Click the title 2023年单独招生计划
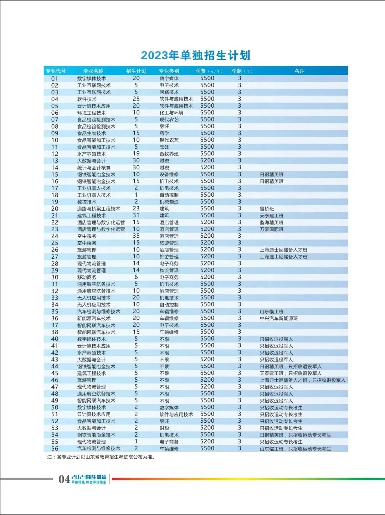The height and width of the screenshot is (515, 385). tap(196, 55)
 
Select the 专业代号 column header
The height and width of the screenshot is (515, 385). tap(56, 71)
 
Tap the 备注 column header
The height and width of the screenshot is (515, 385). tap(299, 71)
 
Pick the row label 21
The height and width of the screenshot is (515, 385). tap(55, 216)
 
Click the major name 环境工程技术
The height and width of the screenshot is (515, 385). tap(92, 113)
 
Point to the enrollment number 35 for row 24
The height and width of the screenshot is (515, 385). tap(136, 236)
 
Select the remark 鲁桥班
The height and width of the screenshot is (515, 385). tap(267, 209)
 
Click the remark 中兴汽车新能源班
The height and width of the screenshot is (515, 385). tap(279, 318)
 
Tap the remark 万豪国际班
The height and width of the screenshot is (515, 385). tap(272, 229)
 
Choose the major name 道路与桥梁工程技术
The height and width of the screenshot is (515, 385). tap(99, 209)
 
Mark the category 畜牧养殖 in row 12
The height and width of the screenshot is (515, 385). tap(169, 154)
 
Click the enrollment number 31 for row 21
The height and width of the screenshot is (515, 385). tap(136, 215)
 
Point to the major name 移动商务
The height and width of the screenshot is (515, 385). tap(87, 277)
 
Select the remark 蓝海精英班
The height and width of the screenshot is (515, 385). tap(272, 222)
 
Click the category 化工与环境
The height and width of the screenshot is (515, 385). tap(171, 113)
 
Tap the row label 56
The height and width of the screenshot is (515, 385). tap(55, 449)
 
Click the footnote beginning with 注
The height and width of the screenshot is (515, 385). tap(102, 457)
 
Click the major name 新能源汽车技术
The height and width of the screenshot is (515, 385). tap(94, 318)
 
